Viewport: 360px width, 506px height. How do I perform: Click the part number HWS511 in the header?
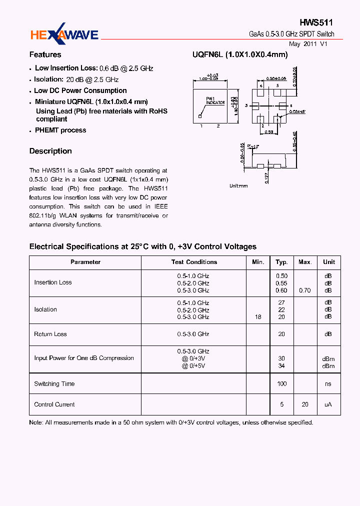click(316, 22)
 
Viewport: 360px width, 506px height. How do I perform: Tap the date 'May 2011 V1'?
click(308, 44)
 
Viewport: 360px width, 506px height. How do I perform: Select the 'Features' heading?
click(45, 54)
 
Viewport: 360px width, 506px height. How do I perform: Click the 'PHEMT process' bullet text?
click(60, 130)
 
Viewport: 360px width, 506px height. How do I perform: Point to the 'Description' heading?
click(50, 151)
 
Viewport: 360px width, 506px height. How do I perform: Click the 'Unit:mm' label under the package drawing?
click(238, 185)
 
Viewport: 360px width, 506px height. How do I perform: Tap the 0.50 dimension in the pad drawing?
click(269, 132)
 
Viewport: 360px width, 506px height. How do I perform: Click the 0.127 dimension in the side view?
click(267, 178)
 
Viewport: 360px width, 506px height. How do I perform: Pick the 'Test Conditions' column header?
click(194, 262)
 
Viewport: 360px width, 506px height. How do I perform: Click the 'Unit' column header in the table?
click(329, 262)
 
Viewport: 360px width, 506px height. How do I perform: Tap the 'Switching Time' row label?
click(54, 384)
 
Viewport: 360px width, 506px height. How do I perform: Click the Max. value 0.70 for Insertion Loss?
click(304, 290)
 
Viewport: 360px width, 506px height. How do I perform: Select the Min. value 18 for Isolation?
click(258, 317)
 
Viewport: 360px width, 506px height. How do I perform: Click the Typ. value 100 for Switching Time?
click(282, 384)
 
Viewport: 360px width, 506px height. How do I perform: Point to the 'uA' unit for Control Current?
click(328, 404)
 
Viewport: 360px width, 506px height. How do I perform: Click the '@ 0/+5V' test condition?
click(193, 366)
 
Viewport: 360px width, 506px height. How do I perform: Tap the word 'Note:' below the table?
click(36, 422)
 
